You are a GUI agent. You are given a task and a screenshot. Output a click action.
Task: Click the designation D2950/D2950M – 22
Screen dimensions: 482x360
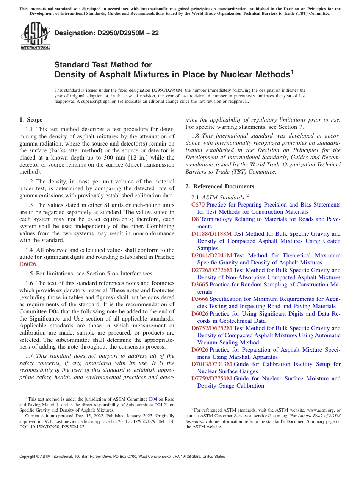pyautogui.click(x=106, y=33)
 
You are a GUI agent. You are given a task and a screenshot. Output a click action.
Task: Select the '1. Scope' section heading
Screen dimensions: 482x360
pyautogui.click(x=31, y=120)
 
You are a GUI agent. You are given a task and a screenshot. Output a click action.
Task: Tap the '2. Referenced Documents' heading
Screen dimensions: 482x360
pyautogui.click(x=220, y=186)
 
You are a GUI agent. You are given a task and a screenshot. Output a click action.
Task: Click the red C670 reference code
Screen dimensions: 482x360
pyautogui.click(x=198, y=205)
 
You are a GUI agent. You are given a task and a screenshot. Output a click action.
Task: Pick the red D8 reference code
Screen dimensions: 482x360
pyautogui.click(x=195, y=219)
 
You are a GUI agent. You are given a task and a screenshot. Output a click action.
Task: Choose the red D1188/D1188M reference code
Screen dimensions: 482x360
pyautogui.click(x=211, y=234)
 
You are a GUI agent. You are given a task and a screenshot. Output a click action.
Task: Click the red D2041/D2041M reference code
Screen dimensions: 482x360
pyautogui.click(x=211, y=255)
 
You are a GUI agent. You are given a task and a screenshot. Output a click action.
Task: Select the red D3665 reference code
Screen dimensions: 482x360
pyautogui.click(x=200, y=285)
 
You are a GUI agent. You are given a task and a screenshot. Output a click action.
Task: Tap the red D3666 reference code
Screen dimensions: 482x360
pyautogui.click(x=200, y=299)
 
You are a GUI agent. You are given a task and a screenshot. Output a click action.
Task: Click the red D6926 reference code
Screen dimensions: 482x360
pyautogui.click(x=200, y=350)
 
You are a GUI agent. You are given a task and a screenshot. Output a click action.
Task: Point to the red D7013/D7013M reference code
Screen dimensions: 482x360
pyautogui.click(x=211, y=364)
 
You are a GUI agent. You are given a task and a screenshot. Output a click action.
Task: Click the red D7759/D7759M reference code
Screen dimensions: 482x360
pyautogui.click(x=211, y=379)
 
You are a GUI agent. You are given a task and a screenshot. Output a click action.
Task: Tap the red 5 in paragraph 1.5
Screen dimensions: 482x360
pyautogui.click(x=109, y=274)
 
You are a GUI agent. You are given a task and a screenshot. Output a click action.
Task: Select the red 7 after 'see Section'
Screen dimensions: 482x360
pyautogui.click(x=301, y=127)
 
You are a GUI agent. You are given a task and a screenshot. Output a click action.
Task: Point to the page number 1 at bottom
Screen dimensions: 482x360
pyautogui.click(x=180, y=466)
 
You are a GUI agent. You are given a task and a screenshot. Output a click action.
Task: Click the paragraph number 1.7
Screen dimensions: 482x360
pyautogui.click(x=29, y=356)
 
